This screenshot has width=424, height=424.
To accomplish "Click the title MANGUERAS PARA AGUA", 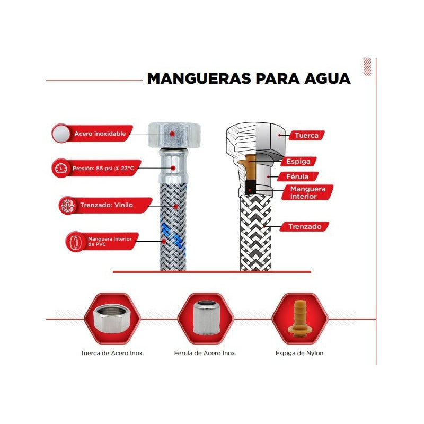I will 249,78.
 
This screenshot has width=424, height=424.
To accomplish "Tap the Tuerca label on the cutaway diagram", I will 306,135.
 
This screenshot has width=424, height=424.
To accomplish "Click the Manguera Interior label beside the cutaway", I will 303,192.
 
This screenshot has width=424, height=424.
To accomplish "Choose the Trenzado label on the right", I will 305,226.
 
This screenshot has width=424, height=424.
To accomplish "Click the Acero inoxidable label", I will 100,134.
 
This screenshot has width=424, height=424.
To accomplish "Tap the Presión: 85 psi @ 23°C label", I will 100,168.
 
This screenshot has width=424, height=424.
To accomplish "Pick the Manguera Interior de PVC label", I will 106,241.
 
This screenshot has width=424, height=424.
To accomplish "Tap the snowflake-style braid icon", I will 66,205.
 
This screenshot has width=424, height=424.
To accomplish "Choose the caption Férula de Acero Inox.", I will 205,352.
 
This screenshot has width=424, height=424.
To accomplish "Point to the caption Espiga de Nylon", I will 299,352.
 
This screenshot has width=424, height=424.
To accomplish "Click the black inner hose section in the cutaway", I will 251,187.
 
